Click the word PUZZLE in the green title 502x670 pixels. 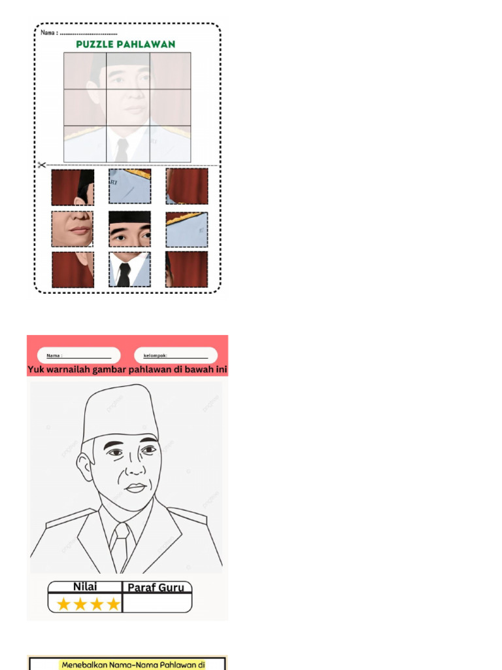[94, 44]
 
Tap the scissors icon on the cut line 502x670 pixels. [41, 164]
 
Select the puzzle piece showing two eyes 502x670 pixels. [129, 229]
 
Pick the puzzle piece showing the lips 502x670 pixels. [72, 228]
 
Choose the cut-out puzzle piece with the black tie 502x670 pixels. [129, 269]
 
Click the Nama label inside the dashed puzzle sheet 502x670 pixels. [49, 33]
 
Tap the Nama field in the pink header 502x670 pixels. [78, 355]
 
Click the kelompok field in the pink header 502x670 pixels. [175, 355]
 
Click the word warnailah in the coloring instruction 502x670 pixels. [68, 369]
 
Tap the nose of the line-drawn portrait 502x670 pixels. [136, 467]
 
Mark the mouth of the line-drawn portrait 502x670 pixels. [136, 487]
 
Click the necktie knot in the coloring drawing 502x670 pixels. [122, 531]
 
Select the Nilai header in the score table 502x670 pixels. [85, 587]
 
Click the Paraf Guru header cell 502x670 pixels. [156, 588]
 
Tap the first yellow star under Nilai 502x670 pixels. [63, 604]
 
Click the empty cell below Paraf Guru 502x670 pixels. [157, 603]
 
